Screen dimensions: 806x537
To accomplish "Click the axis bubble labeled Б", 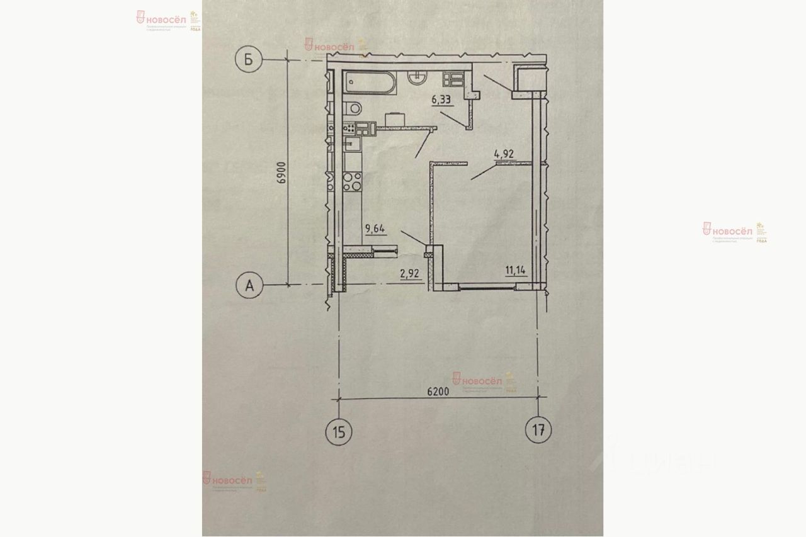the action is (x=248, y=60).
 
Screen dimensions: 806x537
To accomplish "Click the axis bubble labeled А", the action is (x=249, y=286).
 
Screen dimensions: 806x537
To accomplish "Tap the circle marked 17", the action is (x=538, y=431).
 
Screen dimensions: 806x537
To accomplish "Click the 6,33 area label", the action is (x=442, y=98).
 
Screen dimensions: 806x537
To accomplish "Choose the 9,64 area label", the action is (x=376, y=229).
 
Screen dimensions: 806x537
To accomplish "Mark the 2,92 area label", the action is (x=411, y=273).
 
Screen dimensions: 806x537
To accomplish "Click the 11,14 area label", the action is (x=515, y=271).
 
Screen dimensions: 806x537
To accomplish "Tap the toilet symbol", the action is (x=353, y=108).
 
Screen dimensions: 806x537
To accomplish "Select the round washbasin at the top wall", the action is (x=417, y=76).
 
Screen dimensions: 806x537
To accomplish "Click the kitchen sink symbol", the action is (x=353, y=149).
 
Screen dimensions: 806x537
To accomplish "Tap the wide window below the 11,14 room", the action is (x=487, y=287).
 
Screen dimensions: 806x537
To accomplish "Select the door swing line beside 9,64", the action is (x=413, y=238).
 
